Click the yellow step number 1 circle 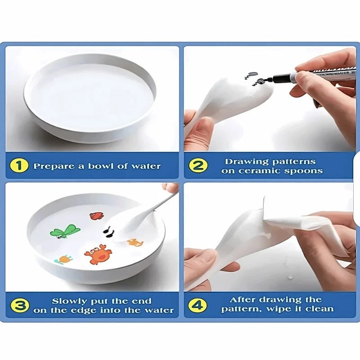[19, 166]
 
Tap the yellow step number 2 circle [198, 166]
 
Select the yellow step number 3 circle [20, 306]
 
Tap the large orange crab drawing [98, 254]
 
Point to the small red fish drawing [96, 216]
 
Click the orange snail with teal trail [63, 260]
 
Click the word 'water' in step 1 [146, 166]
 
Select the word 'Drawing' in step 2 [247, 162]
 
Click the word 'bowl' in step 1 [101, 166]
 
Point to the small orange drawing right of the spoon [135, 243]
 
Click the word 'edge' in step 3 [85, 310]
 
